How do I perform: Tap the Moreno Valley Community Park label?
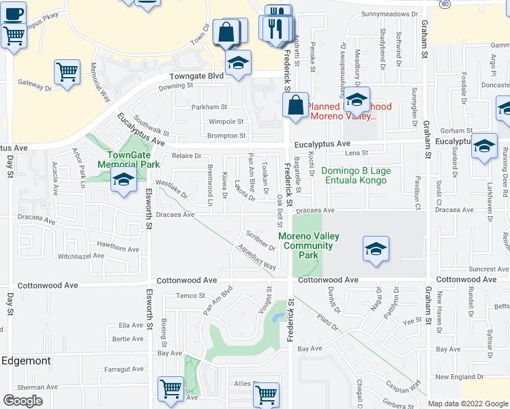click(308, 245)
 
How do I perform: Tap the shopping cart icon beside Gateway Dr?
click(66, 72)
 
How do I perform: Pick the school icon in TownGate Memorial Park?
click(123, 181)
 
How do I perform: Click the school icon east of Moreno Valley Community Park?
click(375, 249)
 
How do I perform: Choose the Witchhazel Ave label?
click(80, 256)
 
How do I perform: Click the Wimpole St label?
click(226, 121)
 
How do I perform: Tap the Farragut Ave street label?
click(123, 369)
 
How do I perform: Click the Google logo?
click(22, 401)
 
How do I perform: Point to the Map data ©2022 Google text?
click(468, 404)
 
